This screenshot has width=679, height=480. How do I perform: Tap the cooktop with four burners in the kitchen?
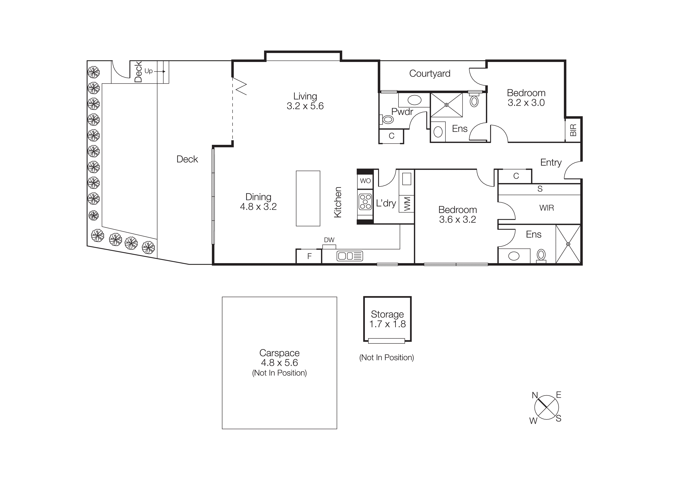coord(365,202)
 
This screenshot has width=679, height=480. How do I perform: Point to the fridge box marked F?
coord(309,256)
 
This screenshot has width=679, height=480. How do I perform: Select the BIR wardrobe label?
coord(573,130)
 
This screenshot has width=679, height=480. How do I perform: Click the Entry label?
coord(551,162)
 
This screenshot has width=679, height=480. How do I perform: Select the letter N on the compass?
coord(535,395)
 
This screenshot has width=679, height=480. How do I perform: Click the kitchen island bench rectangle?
coord(308,198)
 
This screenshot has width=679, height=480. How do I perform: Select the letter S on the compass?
coord(558,418)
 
